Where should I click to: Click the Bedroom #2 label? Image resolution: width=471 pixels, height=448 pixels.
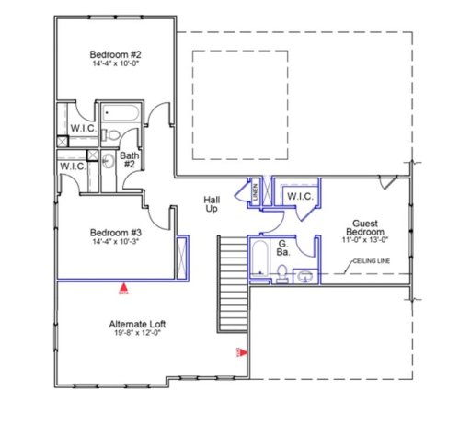point(115,52)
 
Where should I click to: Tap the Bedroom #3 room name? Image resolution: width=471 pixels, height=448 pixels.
point(115,232)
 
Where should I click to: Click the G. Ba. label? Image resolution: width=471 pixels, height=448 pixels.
point(286,247)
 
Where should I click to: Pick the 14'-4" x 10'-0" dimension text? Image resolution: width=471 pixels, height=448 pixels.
point(115,64)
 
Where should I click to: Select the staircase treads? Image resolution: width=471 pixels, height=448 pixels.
point(232,285)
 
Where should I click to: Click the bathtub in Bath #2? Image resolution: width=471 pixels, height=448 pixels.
point(120,114)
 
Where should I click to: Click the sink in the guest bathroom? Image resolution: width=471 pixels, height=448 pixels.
point(306,275)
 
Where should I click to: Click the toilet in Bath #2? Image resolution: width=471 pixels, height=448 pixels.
point(109,136)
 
